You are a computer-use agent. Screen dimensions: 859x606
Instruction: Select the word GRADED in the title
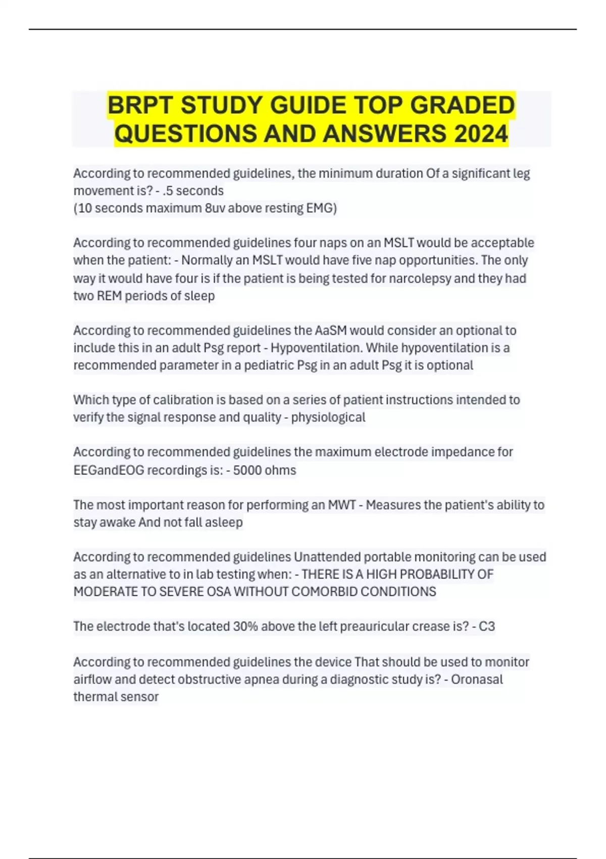click(462, 106)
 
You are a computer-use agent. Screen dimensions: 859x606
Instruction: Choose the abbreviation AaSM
click(331, 330)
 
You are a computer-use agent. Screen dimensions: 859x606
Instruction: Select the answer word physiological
click(328, 417)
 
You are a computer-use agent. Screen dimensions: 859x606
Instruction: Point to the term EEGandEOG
click(109, 470)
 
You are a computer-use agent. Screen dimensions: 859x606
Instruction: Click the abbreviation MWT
click(342, 505)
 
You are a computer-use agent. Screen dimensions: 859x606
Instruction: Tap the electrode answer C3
click(487, 627)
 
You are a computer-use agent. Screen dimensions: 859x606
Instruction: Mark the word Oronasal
click(477, 679)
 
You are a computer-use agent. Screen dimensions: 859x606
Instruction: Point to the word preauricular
click(374, 627)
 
